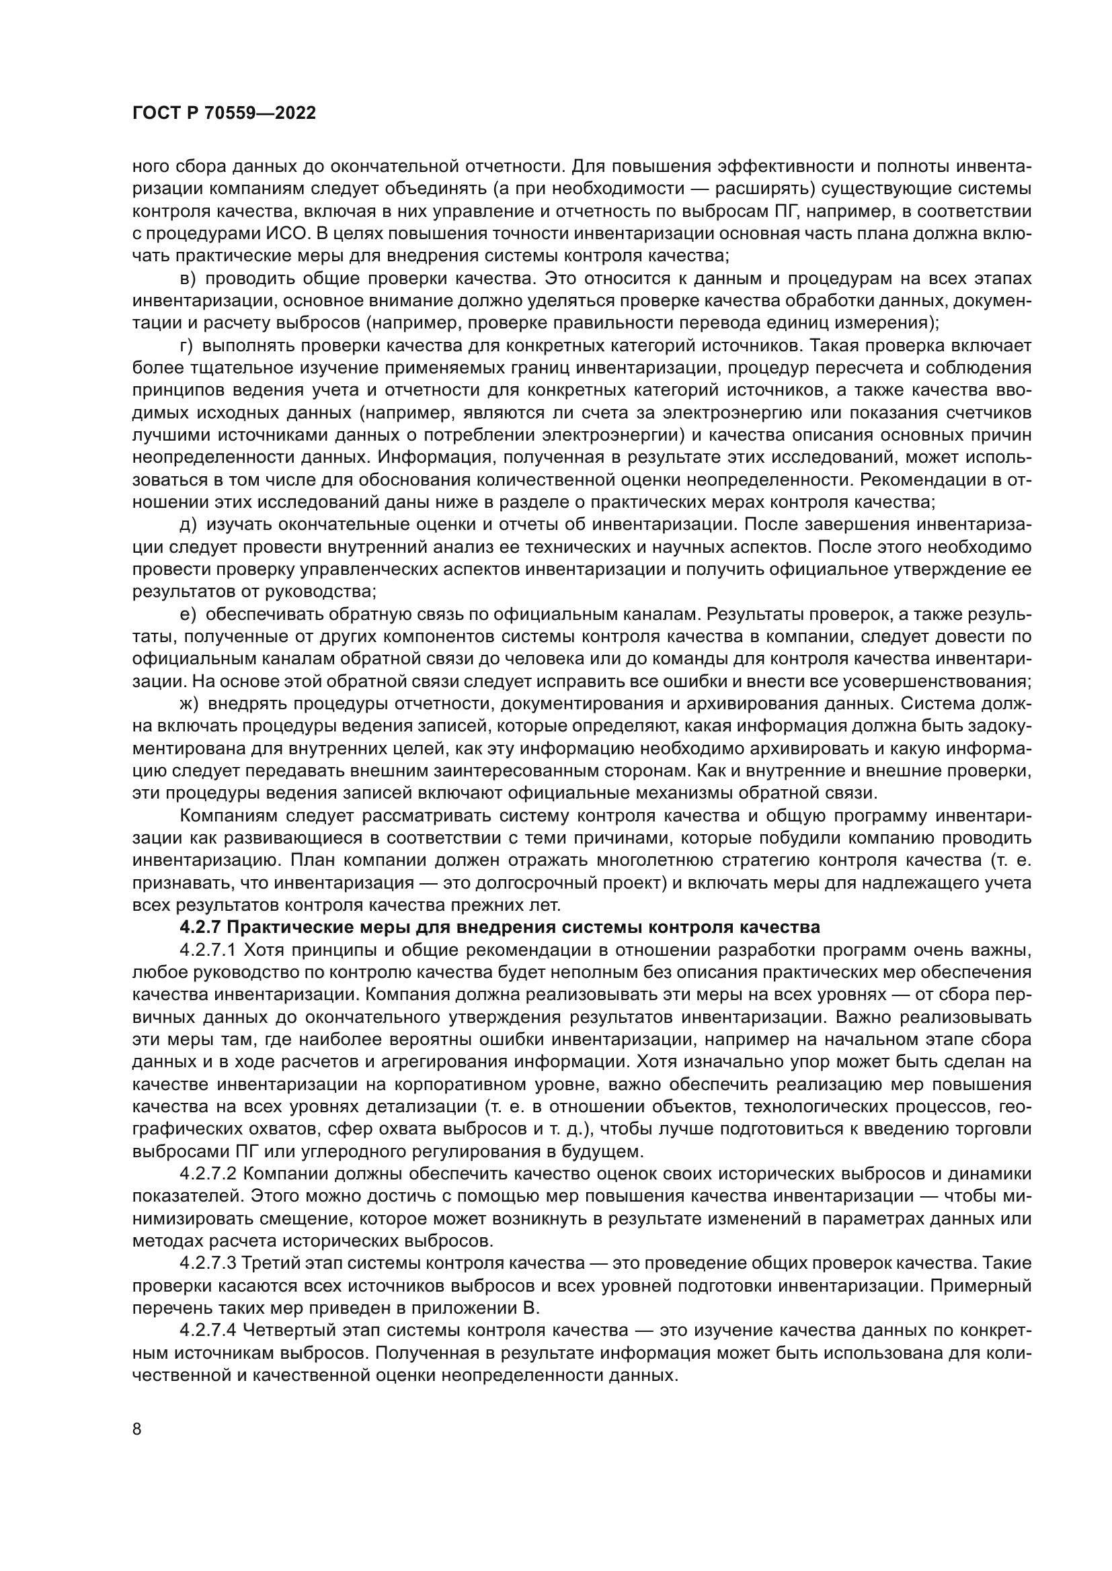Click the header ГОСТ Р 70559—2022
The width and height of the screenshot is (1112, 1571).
click(x=224, y=114)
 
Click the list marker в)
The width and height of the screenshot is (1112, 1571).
click(x=188, y=279)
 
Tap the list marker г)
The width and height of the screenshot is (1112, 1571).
click(x=187, y=346)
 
